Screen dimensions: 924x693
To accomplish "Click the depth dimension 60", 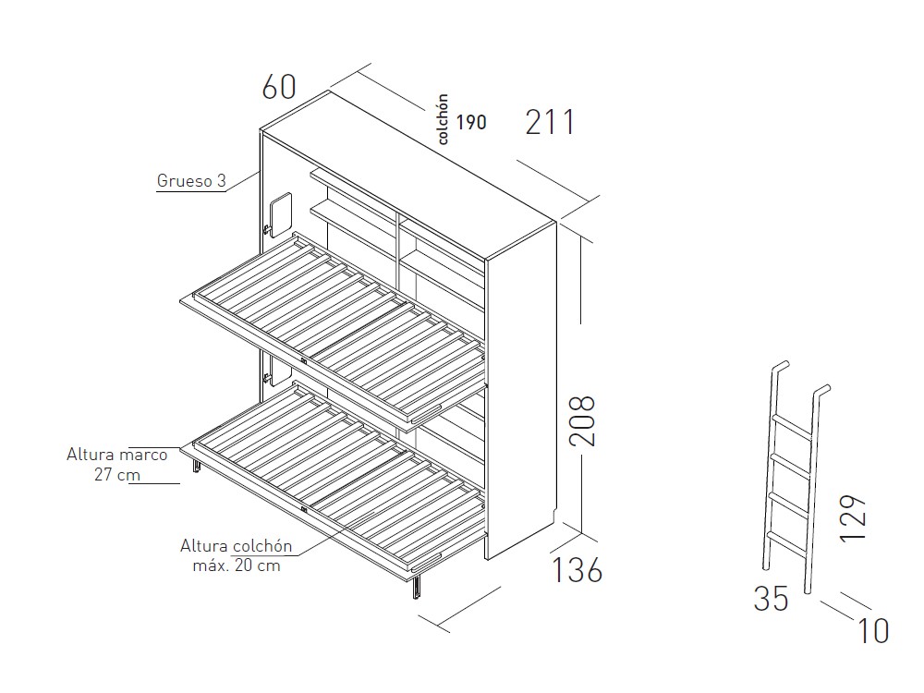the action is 279,87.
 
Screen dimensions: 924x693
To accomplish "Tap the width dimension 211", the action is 549,123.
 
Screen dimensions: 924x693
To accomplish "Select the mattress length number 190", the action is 471,123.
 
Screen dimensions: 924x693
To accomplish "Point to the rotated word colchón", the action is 444,119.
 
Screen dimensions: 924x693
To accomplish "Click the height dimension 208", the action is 582,420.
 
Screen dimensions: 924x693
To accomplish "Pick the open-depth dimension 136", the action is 577,570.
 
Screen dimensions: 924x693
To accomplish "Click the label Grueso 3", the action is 191,181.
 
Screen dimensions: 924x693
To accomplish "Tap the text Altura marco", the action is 116,455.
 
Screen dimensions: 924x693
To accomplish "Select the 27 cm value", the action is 117,474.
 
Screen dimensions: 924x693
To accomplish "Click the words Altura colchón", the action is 237,546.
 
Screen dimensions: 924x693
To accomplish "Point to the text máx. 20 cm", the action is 237,565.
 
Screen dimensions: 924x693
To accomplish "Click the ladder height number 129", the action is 852,518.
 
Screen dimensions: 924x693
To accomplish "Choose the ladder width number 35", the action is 771,599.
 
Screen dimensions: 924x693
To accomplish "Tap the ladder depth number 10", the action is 873,631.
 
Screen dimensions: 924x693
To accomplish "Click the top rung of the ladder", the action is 793,426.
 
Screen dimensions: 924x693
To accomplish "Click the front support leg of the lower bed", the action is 417,587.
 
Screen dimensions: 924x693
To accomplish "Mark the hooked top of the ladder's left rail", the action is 780,365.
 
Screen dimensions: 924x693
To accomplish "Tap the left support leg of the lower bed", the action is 196,465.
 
